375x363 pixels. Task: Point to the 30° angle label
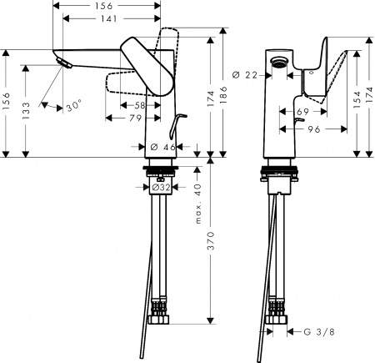74,107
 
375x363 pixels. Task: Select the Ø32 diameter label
163,188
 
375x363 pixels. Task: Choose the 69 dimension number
304,111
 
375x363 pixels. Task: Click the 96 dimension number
315,129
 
